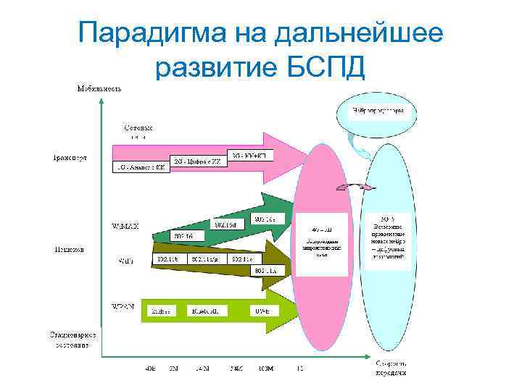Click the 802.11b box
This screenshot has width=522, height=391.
(167, 258)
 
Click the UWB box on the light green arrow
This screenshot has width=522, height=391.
(262, 310)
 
